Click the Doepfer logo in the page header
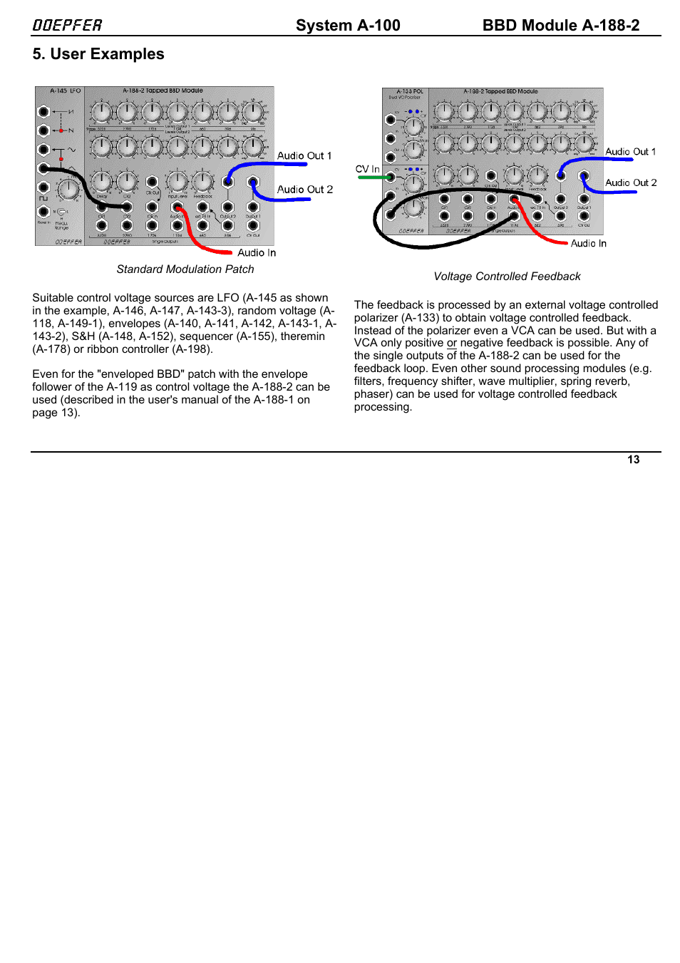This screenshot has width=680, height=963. pyautogui.click(x=67, y=26)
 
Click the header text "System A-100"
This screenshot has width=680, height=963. pyautogui.click(x=348, y=26)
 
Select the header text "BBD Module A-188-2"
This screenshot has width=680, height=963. pyautogui.click(x=560, y=26)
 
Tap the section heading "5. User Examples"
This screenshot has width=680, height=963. pyautogui.click(x=98, y=54)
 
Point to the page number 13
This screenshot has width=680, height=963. pyautogui.click(x=633, y=460)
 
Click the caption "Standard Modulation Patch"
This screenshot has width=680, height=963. pyautogui.click(x=185, y=269)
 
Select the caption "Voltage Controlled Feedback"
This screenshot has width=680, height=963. pyautogui.click(x=507, y=277)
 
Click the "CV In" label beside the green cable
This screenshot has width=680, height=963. pyautogui.click(x=367, y=169)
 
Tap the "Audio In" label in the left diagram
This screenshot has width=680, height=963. pyautogui.click(x=257, y=253)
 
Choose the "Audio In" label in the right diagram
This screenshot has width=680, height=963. pyautogui.click(x=588, y=244)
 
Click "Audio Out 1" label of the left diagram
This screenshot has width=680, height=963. pyautogui.click(x=304, y=156)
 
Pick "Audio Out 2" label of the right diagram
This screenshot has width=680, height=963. pyautogui.click(x=631, y=183)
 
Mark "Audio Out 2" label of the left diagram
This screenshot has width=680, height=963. pyautogui.click(x=305, y=190)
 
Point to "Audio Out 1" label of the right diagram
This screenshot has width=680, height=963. pyautogui.click(x=630, y=152)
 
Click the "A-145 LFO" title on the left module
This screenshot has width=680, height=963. pyautogui.click(x=65, y=91)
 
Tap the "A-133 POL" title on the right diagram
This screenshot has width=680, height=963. pyautogui.click(x=409, y=92)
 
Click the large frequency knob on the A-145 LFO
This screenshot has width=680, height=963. pyautogui.click(x=68, y=190)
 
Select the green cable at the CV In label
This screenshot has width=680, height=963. pyautogui.click(x=371, y=177)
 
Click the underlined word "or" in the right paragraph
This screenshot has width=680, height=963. pyautogui.click(x=452, y=343)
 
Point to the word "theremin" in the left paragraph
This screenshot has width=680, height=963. pyautogui.click(x=303, y=336)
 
